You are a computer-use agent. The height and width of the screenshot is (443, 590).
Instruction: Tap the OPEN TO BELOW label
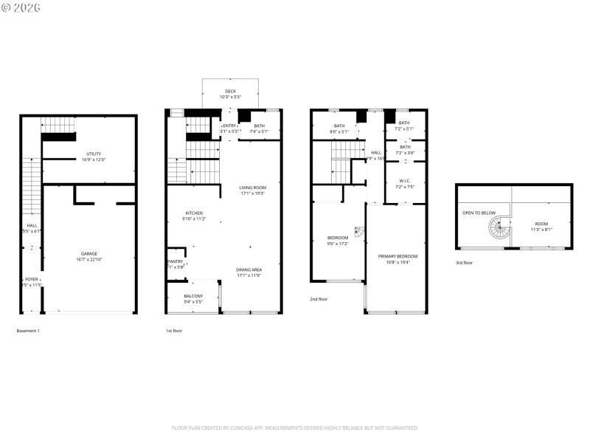(479, 213)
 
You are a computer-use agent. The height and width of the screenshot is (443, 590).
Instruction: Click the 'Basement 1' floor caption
(28, 331)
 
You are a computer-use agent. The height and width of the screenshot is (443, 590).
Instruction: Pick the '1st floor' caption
(174, 331)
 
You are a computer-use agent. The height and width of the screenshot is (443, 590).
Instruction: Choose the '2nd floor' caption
(319, 299)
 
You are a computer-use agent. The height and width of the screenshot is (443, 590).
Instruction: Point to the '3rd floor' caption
(465, 263)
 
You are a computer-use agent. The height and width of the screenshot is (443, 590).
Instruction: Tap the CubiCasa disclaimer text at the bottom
(295, 427)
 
